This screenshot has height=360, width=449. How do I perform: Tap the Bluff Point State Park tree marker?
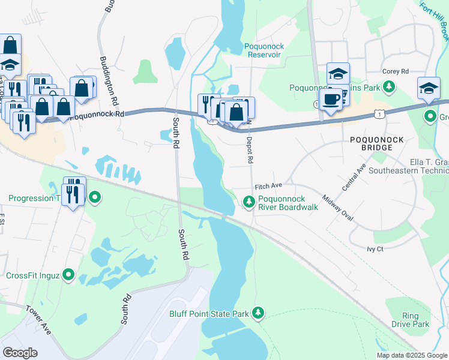(x=258, y=313)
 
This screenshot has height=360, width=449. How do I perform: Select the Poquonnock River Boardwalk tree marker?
(x=249, y=202)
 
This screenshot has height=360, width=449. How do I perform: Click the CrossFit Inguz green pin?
(x=68, y=275)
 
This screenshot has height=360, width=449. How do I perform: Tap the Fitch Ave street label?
(x=268, y=186)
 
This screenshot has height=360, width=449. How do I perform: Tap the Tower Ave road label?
(x=38, y=319)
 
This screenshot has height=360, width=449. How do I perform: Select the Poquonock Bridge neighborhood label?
(x=379, y=143)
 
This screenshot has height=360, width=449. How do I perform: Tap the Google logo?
(x=20, y=353)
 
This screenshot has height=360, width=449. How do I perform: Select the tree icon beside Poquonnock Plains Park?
(x=390, y=87)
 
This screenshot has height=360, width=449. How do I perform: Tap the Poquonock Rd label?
(x=97, y=114)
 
